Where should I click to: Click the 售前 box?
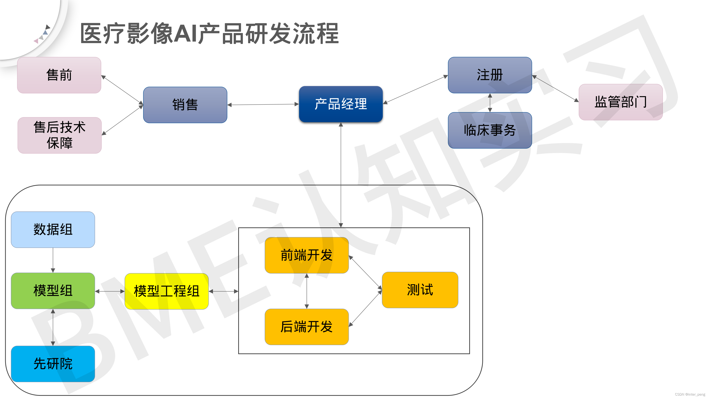59,75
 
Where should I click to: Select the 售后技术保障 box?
60,135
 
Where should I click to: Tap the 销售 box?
185,105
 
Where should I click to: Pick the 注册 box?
490,75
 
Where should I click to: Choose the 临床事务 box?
490,130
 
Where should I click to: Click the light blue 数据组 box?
53,229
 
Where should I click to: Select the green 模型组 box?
53,291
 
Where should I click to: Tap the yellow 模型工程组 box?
166,291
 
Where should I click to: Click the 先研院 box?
53,364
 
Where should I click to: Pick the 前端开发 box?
306,255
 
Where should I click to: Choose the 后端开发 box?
306,327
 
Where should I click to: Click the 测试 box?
420,290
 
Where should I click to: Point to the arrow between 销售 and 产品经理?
263,104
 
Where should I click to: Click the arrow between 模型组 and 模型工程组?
110,291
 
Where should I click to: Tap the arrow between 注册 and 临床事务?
490,103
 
